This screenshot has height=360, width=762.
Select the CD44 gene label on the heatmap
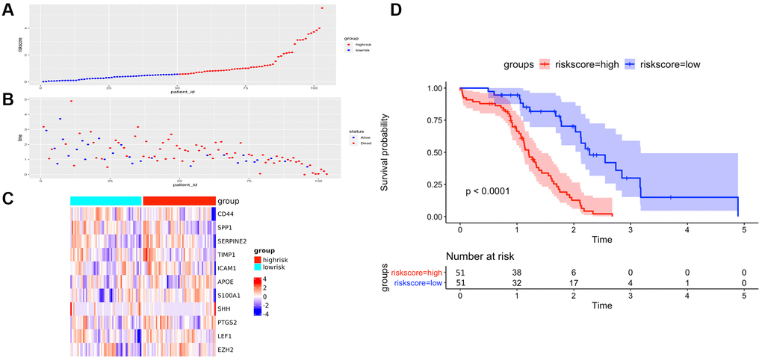tap(227, 214)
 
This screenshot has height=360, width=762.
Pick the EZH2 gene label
tap(226, 347)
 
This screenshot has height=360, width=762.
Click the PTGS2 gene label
tap(229, 320)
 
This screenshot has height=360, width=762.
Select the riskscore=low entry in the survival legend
tap(664, 65)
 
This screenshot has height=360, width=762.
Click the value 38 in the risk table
tap(517, 273)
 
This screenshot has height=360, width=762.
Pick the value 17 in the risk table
tap(573, 283)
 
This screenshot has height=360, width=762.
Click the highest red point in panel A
tap(321, 8)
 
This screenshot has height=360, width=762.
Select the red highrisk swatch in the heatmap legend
tap(258, 259)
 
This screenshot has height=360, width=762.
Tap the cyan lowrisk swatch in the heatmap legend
tap(258, 267)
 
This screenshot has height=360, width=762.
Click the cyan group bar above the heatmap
tap(105, 200)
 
